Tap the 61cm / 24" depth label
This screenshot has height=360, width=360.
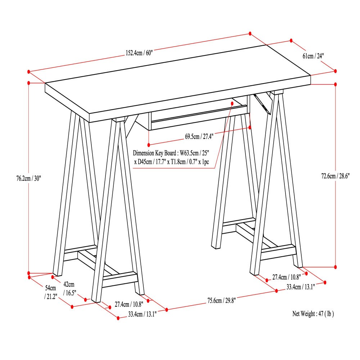pyautogui.click(x=313, y=56)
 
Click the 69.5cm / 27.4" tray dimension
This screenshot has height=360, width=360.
pyautogui.click(x=199, y=137)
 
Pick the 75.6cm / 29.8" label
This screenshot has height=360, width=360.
pyautogui.click(x=221, y=301)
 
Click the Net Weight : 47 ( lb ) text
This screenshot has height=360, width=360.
pyautogui.click(x=313, y=314)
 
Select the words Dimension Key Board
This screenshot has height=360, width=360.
pyautogui.click(x=156, y=153)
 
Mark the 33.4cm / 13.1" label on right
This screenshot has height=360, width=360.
pyautogui.click(x=301, y=287)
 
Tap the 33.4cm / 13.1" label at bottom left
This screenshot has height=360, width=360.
pyautogui.click(x=142, y=314)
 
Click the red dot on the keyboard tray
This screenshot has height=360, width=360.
pyautogui.click(x=232, y=103)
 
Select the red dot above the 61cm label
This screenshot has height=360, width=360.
pyautogui.click(x=291, y=41)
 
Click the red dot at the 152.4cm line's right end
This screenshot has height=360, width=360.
pyautogui.click(x=250, y=33)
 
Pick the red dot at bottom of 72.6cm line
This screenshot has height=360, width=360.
pyautogui.click(x=336, y=267)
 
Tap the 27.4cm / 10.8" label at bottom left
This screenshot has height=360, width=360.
pyautogui.click(x=129, y=304)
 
